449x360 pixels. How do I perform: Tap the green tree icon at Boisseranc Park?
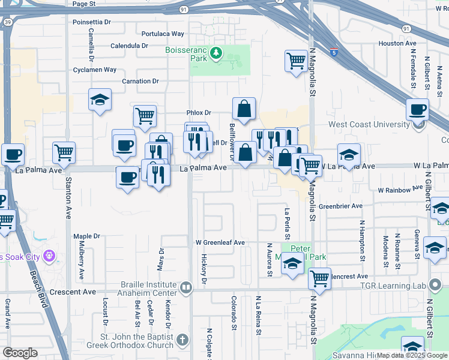(x=216, y=55)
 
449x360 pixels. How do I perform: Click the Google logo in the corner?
(x=20, y=353)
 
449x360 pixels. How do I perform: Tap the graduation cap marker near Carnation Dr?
(x=100, y=100)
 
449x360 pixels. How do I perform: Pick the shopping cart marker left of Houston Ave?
(x=296, y=61)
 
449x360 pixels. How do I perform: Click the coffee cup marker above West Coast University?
(x=417, y=110)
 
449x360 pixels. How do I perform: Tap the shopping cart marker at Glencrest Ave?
(x=320, y=278)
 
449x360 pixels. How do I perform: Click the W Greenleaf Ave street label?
(x=220, y=242)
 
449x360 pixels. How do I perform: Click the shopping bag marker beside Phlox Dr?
(x=244, y=110)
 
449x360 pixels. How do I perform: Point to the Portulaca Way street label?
(x=163, y=34)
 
